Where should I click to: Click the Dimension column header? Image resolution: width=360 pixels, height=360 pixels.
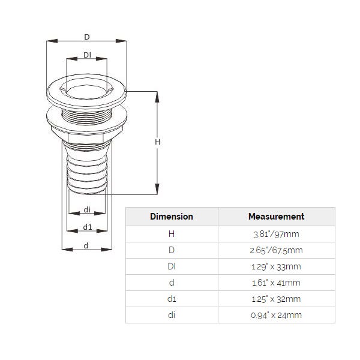(172, 217)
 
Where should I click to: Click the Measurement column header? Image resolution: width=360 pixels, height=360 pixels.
(276, 217)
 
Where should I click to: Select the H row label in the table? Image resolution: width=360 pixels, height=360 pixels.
(172, 234)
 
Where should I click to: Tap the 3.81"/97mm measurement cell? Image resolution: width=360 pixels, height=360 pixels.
(276, 234)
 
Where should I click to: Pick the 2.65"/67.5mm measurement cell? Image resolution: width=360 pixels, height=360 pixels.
(276, 250)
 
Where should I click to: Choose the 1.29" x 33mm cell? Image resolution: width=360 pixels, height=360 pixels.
(276, 266)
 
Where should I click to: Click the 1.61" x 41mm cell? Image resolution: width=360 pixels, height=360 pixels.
(276, 283)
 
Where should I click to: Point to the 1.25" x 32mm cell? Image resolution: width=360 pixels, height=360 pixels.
(276, 299)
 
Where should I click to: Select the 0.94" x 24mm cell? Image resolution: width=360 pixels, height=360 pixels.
(276, 315)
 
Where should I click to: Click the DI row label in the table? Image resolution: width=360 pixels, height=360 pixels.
(172, 266)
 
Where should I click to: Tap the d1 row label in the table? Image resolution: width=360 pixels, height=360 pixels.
(172, 299)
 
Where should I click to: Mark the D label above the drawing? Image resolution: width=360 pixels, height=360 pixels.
(87, 37)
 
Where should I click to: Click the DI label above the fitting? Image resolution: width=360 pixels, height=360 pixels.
(87, 55)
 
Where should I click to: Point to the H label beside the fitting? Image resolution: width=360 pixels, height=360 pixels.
(157, 142)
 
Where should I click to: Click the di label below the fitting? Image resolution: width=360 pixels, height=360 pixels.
(87, 209)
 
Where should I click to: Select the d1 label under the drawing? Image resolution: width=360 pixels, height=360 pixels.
(88, 227)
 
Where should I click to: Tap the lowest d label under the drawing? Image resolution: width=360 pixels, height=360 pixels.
(86, 245)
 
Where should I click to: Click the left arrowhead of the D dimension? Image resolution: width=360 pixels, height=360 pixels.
(52, 41)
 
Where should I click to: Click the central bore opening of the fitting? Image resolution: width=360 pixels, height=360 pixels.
(86, 92)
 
